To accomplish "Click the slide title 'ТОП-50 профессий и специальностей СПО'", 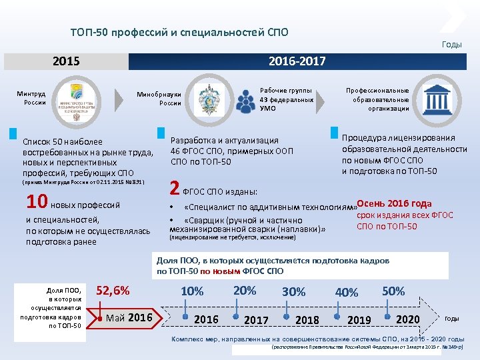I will (179, 32).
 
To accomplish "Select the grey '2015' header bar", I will (66, 61).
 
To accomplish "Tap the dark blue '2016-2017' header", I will (297, 61).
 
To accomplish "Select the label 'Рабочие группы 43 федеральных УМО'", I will (286, 99).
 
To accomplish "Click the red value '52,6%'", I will (113, 290).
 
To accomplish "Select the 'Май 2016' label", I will (129, 317).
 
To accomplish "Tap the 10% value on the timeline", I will (192, 291).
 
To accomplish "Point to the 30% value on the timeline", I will (293, 291).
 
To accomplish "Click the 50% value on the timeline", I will (393, 291).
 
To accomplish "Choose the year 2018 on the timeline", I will (307, 320).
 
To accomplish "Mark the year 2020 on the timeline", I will (408, 319).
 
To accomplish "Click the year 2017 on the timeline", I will (256, 320).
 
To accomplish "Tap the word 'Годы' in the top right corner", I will (451, 44).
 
